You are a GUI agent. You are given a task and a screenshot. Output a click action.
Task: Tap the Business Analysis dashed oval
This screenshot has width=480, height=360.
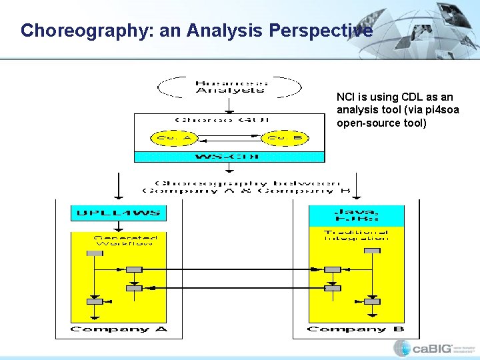[229, 87]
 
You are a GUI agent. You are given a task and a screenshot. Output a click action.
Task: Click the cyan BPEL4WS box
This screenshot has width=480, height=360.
[117, 213]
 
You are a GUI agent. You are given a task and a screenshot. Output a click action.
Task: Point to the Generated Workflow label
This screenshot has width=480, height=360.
[125, 239]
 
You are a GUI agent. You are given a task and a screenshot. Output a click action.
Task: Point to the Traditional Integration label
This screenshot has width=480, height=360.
[355, 235]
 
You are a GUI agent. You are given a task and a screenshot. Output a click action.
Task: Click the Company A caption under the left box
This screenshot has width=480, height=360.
[119, 329]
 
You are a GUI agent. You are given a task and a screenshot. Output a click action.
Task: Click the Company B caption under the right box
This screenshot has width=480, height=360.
[355, 329]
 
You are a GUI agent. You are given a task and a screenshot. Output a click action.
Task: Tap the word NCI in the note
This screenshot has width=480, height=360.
[346, 97]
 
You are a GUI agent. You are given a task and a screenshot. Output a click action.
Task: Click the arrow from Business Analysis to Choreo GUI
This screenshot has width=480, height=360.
[229, 105]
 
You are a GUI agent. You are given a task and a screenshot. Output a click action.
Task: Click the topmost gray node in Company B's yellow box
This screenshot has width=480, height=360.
[373, 251]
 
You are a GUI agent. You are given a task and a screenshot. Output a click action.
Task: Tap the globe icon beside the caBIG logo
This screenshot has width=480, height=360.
[402, 348]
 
